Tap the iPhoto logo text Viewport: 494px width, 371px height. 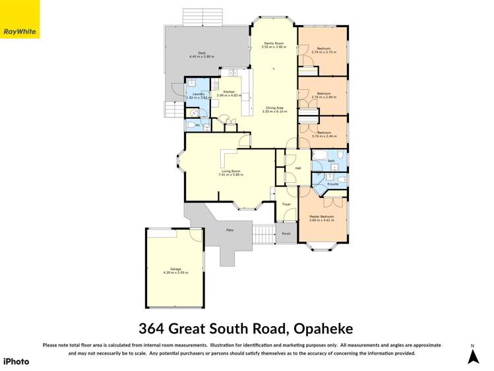[16, 361]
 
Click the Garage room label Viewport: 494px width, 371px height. [175, 269]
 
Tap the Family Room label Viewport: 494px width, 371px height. [274, 44]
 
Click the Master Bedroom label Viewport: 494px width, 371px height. [322, 217]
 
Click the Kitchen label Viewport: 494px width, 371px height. [229, 92]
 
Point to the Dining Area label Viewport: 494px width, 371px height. [274, 108]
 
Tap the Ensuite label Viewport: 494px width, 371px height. [333, 184]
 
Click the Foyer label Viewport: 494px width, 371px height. [287, 205]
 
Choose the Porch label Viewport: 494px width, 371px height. [286, 234]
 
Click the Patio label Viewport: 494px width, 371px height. [230, 230]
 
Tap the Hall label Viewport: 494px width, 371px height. [298, 168]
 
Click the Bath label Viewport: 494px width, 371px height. [332, 160]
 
